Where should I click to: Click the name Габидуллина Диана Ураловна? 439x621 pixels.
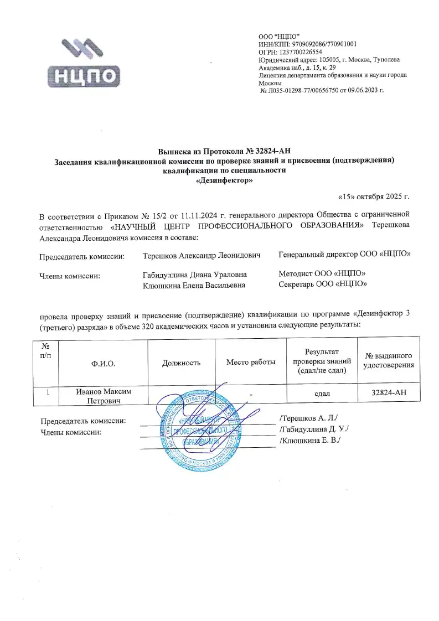pos(194,274)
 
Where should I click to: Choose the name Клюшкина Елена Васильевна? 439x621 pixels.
pos(194,284)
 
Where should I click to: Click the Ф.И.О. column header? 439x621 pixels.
pos(104,363)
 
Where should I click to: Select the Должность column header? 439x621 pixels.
pos(181,363)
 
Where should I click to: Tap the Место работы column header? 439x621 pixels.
pos(251,363)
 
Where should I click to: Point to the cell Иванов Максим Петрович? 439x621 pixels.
pos(104,396)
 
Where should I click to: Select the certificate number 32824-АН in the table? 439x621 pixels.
pos(390,393)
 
